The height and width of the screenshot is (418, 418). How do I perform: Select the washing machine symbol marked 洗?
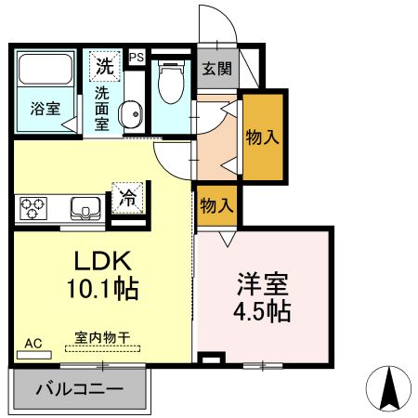[105, 67]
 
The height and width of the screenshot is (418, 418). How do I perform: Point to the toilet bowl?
[171, 84]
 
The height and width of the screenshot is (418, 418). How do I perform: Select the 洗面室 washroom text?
[105, 108]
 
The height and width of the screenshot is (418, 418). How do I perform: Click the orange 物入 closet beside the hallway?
[260, 137]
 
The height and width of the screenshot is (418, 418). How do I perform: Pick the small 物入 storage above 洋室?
[216, 205]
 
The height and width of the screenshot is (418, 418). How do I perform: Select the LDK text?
[101, 261]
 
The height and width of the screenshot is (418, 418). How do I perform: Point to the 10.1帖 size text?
[101, 289]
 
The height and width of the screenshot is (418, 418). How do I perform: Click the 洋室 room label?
[261, 280]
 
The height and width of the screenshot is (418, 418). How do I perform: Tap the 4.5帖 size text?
[261, 309]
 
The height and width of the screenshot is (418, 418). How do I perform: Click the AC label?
[33, 344]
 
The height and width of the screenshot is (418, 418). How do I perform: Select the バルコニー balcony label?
[78, 388]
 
